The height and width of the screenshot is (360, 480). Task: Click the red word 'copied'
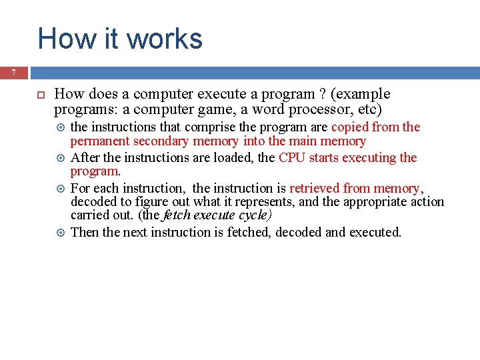click(350, 127)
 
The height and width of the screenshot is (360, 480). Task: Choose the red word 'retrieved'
click(315, 188)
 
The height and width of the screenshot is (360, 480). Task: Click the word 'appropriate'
click(364, 201)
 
